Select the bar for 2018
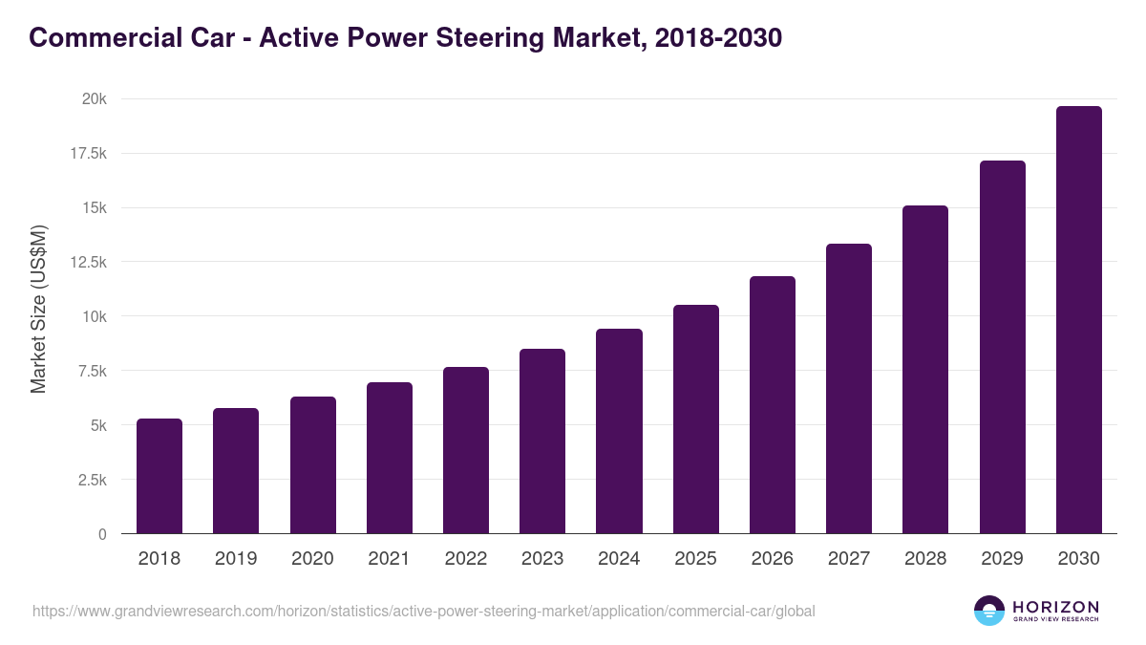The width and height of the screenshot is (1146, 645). click(x=159, y=476)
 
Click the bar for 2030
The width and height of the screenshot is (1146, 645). click(x=1078, y=320)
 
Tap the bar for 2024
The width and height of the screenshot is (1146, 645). click(x=619, y=431)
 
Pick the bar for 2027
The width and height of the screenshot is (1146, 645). click(x=849, y=389)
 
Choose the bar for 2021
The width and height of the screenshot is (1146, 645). click(x=390, y=458)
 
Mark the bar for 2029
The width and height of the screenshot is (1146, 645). click(x=1002, y=347)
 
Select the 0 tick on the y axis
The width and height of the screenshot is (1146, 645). click(x=101, y=534)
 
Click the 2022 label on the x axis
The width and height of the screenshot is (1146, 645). click(x=465, y=559)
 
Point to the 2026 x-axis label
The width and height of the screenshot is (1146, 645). click(x=772, y=559)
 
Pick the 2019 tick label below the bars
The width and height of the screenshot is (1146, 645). click(x=236, y=559)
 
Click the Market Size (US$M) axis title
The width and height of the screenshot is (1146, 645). click(x=38, y=309)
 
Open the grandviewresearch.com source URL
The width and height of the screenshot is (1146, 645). click(x=424, y=611)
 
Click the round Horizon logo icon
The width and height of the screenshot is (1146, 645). click(x=989, y=611)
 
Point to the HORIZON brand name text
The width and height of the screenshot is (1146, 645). click(x=1055, y=606)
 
